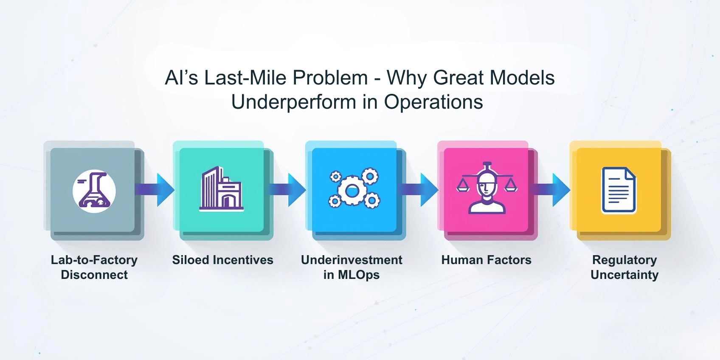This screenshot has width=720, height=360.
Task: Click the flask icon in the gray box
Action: pyautogui.click(x=94, y=191)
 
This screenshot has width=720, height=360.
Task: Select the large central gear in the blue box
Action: pyautogui.click(x=352, y=191)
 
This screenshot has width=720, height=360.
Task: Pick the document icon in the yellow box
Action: pyautogui.click(x=619, y=190)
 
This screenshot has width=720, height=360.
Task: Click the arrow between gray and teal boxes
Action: pyautogui.click(x=157, y=189)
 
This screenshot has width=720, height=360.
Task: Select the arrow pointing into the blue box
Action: pyautogui.click(x=290, y=189)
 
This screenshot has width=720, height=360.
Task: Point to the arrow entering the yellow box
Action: pyautogui.click(x=553, y=189)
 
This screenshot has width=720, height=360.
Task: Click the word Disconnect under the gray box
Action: pyautogui.click(x=94, y=275)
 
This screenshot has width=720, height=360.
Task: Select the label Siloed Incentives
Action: pyautogui.click(x=222, y=260)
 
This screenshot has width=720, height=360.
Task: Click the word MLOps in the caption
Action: pyautogui.click(x=359, y=275)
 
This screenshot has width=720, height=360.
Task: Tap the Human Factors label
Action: pyautogui.click(x=486, y=260)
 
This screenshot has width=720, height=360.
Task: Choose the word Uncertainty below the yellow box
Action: pyautogui.click(x=624, y=275)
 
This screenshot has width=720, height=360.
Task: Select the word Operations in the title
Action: pyautogui.click(x=433, y=102)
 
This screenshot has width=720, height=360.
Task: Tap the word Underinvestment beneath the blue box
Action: pyautogui.click(x=352, y=260)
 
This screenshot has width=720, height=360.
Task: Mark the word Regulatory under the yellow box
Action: pyautogui.click(x=624, y=260)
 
